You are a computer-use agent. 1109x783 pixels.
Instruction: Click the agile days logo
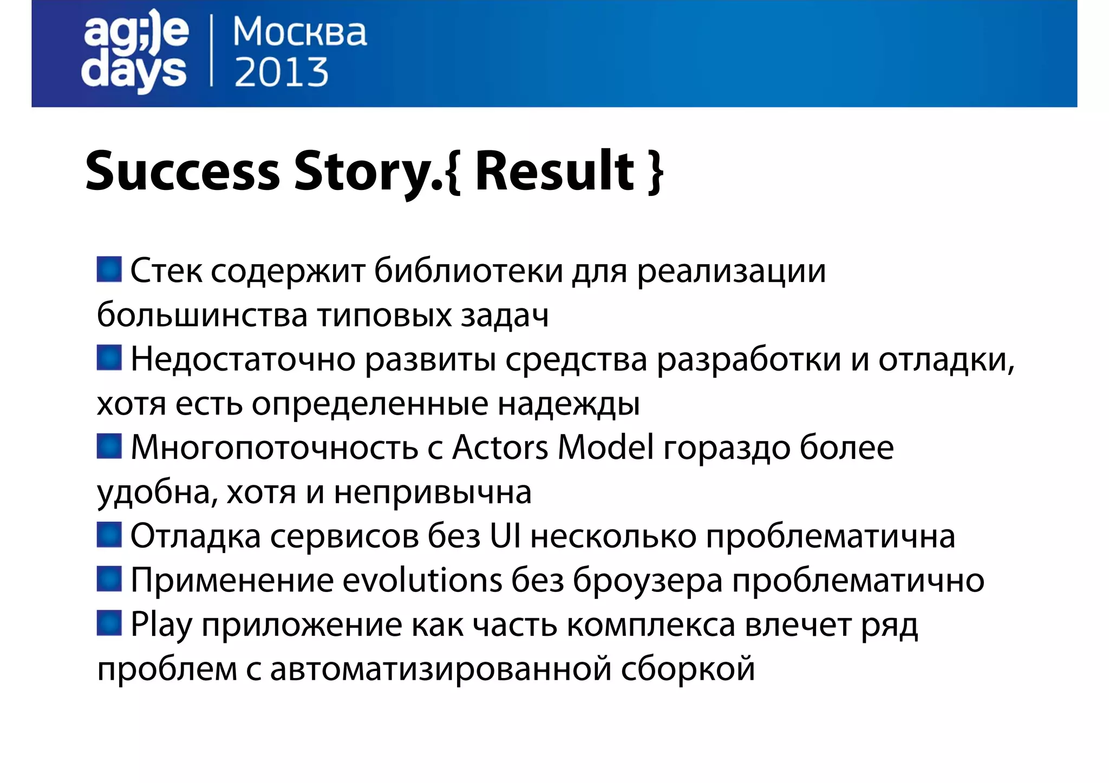(x=135, y=51)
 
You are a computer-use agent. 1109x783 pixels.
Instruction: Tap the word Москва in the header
(x=299, y=32)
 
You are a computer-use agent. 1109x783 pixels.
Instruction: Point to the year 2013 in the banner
(x=281, y=73)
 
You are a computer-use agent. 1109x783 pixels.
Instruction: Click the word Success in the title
(x=182, y=171)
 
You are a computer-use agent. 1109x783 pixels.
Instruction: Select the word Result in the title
(x=554, y=171)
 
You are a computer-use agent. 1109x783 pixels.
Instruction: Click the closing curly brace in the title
(x=656, y=172)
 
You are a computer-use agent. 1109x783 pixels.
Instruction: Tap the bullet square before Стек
(x=109, y=269)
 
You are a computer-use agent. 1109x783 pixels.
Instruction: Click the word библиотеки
(x=469, y=271)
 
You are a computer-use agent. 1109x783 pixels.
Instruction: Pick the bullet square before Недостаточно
(x=109, y=358)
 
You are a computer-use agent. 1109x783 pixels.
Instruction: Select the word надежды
(x=569, y=404)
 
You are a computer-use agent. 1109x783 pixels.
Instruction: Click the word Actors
(x=500, y=448)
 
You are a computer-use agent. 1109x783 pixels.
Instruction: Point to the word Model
(x=605, y=448)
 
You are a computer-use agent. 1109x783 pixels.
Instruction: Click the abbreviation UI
(x=505, y=536)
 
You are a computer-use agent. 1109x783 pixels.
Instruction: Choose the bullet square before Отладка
(x=109, y=535)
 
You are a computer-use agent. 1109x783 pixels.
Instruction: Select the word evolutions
(x=422, y=581)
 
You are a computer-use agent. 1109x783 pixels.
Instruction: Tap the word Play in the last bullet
(x=161, y=626)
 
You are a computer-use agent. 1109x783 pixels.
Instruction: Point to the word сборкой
(x=688, y=669)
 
